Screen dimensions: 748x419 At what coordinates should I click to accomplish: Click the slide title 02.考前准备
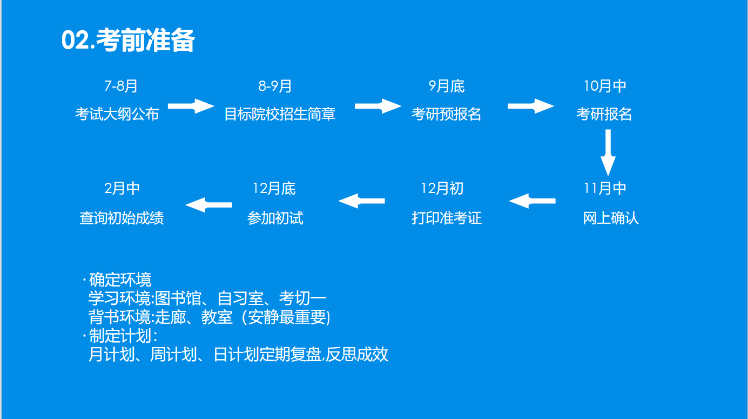point(128,40)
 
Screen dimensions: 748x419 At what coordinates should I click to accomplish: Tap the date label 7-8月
point(121,87)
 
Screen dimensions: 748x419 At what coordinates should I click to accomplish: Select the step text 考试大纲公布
point(117,114)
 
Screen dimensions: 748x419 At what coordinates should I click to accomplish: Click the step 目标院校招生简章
point(280,114)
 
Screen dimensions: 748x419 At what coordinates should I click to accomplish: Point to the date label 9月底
point(447,87)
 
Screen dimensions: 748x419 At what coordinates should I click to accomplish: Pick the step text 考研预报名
point(446,114)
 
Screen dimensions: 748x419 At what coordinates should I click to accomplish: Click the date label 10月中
point(605,87)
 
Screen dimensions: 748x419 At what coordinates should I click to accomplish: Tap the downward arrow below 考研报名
point(608,152)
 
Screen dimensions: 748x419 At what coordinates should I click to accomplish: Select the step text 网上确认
point(611,218)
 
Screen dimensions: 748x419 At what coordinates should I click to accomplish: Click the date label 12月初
point(442,189)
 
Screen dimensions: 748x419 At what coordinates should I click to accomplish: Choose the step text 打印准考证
point(447,218)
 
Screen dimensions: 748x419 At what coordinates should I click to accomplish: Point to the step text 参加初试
point(275,218)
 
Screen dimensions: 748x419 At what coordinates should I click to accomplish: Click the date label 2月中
point(122,189)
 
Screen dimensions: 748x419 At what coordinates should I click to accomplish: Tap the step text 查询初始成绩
point(122,218)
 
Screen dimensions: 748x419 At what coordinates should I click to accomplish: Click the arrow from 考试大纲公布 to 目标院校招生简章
point(191,106)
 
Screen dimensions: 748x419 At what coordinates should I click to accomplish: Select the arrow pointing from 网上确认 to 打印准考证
point(532,201)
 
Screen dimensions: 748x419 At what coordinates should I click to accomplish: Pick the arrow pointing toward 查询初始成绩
point(208,205)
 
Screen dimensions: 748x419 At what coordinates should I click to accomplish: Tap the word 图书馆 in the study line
point(178,298)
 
